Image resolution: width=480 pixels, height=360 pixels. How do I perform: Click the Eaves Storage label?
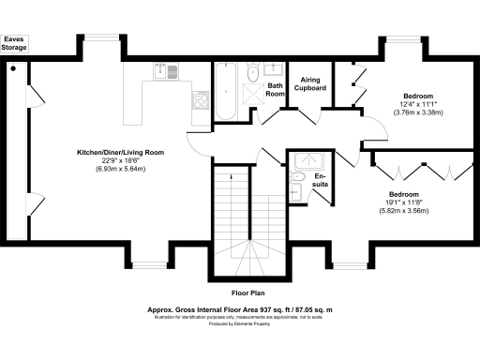point(15,44)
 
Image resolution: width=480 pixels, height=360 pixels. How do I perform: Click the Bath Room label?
point(275,90)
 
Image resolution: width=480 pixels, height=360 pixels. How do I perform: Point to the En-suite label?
point(321,179)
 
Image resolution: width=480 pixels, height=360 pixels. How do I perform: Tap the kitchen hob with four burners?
point(200,100)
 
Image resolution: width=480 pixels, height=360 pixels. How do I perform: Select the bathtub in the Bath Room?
point(225,92)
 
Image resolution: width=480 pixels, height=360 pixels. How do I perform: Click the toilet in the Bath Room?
point(252,73)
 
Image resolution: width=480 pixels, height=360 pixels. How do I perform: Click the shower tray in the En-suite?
point(304,158)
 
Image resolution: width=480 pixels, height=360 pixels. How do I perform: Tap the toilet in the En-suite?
point(299,176)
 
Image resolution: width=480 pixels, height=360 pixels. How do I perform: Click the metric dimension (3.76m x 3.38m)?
point(417,112)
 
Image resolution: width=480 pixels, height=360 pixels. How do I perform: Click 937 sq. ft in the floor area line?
point(272,308)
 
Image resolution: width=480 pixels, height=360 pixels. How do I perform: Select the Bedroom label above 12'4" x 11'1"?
point(417,96)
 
